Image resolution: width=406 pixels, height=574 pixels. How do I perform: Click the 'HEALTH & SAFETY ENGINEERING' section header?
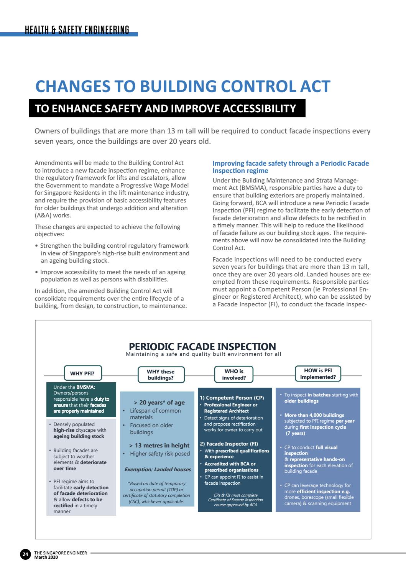[x=77, y=30]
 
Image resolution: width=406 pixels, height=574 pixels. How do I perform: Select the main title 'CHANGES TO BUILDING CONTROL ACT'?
[x=182, y=86]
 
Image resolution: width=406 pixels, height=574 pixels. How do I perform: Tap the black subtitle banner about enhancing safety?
[x=166, y=109]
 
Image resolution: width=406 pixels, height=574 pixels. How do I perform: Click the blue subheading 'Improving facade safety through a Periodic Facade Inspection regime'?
[x=291, y=167]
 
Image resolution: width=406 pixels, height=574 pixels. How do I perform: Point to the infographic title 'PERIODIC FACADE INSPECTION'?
[x=202, y=347]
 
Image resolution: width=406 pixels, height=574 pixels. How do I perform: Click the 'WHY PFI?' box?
[x=82, y=373]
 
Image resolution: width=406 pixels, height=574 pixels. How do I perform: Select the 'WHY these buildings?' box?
[x=161, y=375]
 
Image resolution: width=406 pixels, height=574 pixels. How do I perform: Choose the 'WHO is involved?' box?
[x=234, y=374]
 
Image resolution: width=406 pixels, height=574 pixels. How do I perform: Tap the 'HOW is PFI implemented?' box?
[x=318, y=374]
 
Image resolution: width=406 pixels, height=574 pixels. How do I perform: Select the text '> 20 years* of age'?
[x=159, y=403]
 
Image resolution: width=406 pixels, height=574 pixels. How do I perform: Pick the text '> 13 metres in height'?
[x=159, y=446]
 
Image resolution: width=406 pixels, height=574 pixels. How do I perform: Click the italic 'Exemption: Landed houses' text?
[x=157, y=469]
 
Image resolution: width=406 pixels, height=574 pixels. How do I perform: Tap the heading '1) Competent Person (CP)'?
[x=232, y=398]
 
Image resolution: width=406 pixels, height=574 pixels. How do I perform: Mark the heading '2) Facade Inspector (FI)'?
[x=229, y=444]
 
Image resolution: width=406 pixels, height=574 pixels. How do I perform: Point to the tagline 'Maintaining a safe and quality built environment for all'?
[x=203, y=354]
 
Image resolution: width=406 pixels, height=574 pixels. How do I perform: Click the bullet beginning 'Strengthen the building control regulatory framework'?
[x=115, y=253]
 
